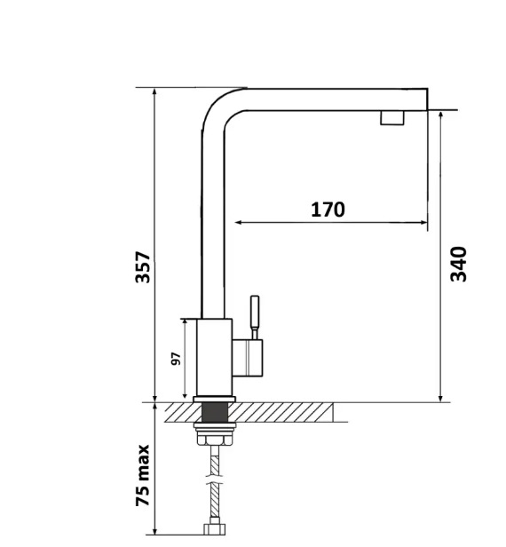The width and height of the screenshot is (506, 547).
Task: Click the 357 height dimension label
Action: tap(143, 267)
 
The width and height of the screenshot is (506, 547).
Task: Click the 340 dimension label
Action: tap(458, 264)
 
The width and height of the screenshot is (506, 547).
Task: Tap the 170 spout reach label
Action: tap(328, 210)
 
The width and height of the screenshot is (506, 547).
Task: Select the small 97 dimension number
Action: tap(177, 359)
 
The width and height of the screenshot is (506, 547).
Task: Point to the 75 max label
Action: tap(143, 475)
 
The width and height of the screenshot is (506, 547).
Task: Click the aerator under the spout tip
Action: tap(392, 118)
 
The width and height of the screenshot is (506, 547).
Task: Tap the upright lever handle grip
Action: tap(255, 313)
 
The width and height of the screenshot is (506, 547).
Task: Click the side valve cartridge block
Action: tap(248, 358)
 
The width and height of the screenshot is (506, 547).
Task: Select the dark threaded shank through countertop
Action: tap(215, 412)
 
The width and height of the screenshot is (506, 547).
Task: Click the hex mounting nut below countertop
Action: tap(215, 439)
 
